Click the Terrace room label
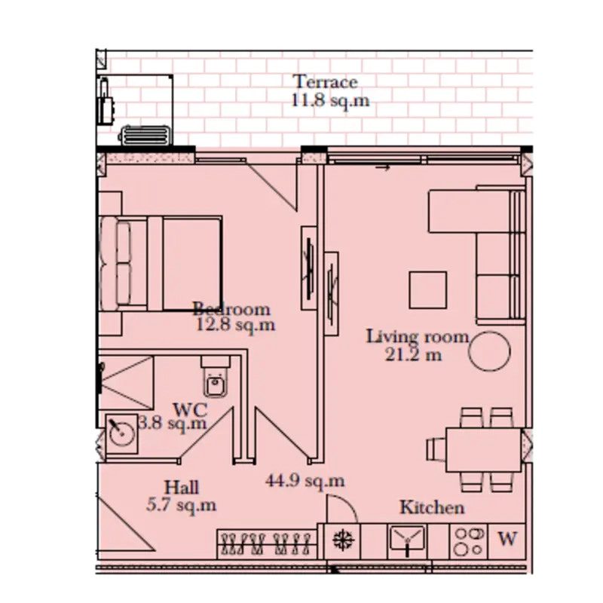tap(326, 82)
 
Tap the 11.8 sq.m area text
tap(330, 101)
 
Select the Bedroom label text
tap(231, 309)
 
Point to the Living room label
tap(418, 337)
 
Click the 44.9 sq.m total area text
tap(305, 481)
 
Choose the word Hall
tap(182, 487)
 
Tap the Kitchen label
tap(432, 507)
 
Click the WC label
tap(191, 410)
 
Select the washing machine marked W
tap(507, 541)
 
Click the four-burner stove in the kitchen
tap(469, 541)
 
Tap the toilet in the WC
tap(216, 377)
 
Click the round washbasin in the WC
tap(122, 433)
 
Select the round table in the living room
tap(489, 351)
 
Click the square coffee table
tap(428, 290)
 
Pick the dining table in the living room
tap(483, 450)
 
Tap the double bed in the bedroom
tap(161, 263)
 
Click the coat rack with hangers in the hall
tap(267, 543)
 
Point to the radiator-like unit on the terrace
tap(145, 136)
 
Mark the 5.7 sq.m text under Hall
tap(181, 505)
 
